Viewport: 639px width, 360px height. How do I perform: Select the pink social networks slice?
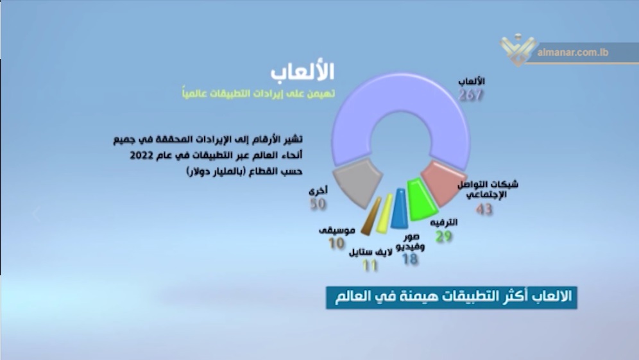point(443,183)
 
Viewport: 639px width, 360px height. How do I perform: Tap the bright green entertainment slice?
point(422,200)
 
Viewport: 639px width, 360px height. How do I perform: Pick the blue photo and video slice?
point(400,208)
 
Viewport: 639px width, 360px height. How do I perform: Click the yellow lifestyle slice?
point(384,214)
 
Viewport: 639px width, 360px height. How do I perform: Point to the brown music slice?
point(371,216)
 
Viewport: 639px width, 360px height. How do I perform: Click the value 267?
point(471,95)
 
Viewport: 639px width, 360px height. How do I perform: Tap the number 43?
point(484,209)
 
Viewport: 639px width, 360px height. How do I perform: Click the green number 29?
point(444,236)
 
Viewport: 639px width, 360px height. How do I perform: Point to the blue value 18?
point(411,259)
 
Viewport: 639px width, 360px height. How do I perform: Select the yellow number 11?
point(370,266)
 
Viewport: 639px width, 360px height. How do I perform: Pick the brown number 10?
point(337,243)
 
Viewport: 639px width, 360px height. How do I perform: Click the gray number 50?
point(318,204)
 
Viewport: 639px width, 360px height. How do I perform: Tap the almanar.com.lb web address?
point(572,53)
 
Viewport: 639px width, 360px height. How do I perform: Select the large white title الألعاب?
point(302,72)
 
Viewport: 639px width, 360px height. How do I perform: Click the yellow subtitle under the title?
point(259,93)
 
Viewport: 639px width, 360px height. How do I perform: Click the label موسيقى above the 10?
point(337,230)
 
